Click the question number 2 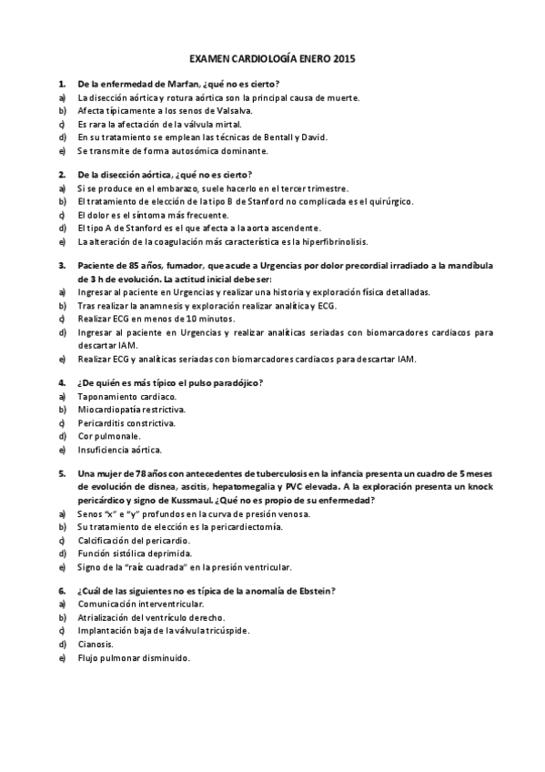tap(61, 175)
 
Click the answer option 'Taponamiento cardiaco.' tap(127, 397)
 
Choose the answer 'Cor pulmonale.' tap(111, 436)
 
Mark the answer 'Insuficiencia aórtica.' tap(120, 450)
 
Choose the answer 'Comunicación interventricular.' tap(141, 604)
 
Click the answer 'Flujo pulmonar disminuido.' tap(134, 657)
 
